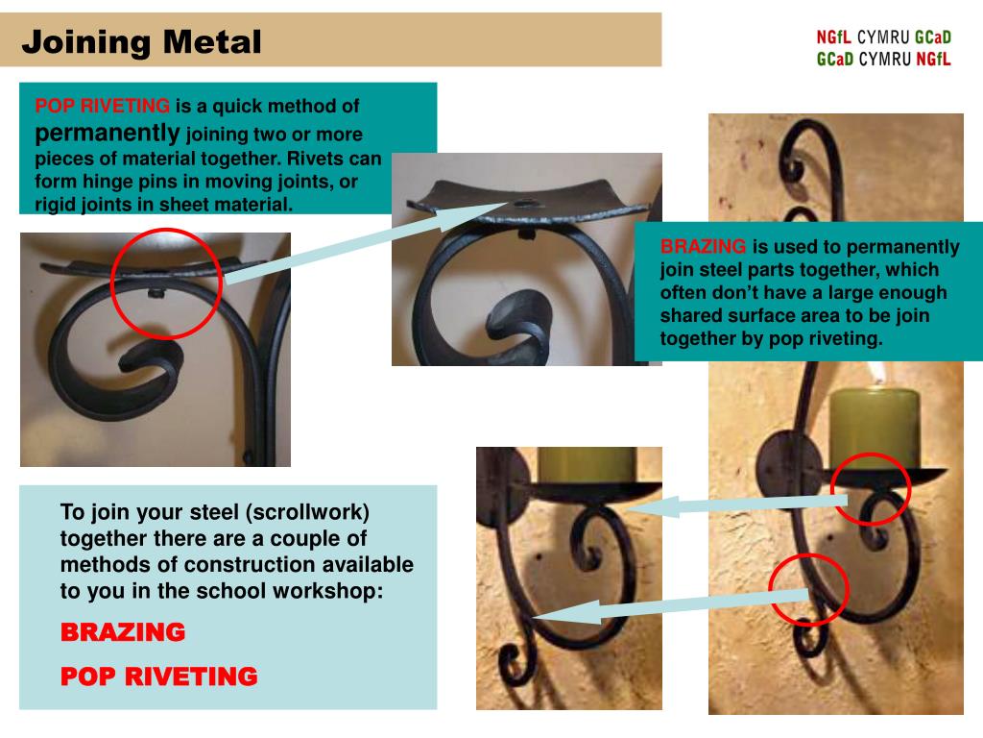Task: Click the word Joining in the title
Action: point(85,42)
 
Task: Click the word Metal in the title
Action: point(212,42)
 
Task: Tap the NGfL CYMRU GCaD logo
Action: point(883,48)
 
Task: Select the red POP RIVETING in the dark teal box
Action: point(102,106)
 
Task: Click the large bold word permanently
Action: point(108,133)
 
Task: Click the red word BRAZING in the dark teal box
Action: point(703,246)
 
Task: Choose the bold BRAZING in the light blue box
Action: point(123,632)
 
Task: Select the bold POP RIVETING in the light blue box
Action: point(159,676)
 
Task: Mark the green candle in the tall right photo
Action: point(875,428)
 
